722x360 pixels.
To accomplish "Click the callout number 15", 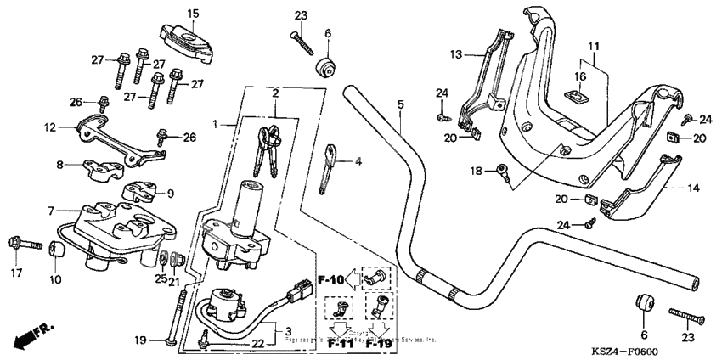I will click(x=192, y=14).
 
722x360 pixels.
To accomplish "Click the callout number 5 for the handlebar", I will click(x=400, y=104).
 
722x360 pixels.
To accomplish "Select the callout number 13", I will click(x=456, y=53).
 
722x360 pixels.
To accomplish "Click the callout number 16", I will click(x=581, y=76).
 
